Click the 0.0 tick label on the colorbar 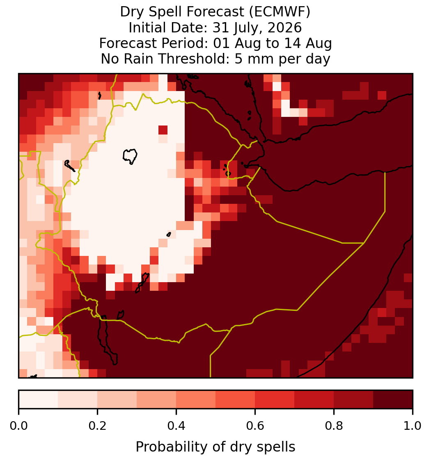(19, 426)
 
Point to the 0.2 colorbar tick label (97, 426)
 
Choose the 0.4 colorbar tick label (177, 426)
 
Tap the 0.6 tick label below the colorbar (255, 426)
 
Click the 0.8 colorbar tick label (334, 426)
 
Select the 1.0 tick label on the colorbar (413, 426)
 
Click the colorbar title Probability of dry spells (215, 447)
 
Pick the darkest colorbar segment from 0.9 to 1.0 (393, 399)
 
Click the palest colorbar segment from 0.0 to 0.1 (39, 399)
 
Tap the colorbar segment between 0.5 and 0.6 (236, 399)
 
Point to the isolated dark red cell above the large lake (163, 130)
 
